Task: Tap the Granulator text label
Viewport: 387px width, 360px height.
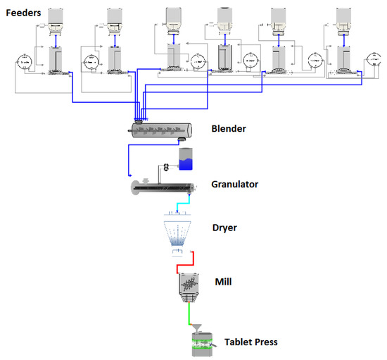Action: coord(234,185)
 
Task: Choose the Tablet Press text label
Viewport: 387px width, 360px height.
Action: coord(250,342)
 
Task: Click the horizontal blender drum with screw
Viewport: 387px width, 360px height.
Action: coord(163,130)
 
